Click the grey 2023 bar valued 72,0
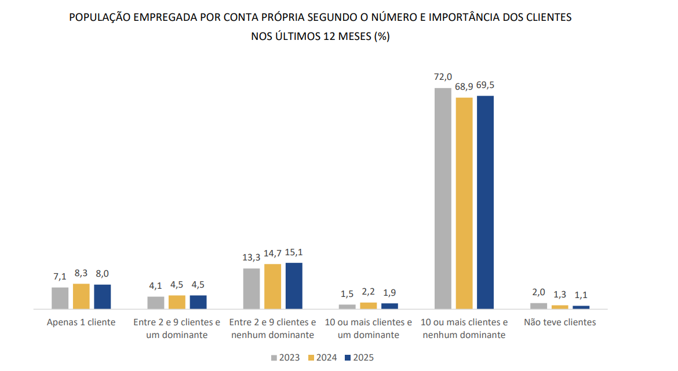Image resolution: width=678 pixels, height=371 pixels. click(x=443, y=198)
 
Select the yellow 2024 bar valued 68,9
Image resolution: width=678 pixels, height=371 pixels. click(x=464, y=203)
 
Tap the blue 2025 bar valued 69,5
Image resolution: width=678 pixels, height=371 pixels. click(x=485, y=202)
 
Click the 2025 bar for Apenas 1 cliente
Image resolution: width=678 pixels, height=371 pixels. click(x=103, y=296)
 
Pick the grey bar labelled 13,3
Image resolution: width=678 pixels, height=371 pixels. click(x=251, y=288)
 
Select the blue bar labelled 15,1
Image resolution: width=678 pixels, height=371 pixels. click(x=294, y=285)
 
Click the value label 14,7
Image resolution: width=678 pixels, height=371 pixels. click(x=272, y=252)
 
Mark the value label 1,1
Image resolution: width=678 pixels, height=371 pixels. click(x=581, y=295)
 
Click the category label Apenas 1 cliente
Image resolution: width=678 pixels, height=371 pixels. click(x=81, y=322)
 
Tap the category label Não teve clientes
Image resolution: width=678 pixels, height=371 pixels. click(x=560, y=322)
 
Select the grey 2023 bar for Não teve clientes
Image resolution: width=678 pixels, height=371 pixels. click(x=538, y=306)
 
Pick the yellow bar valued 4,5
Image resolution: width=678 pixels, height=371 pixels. click(x=177, y=302)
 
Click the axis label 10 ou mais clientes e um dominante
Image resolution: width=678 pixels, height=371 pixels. click(x=368, y=329)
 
